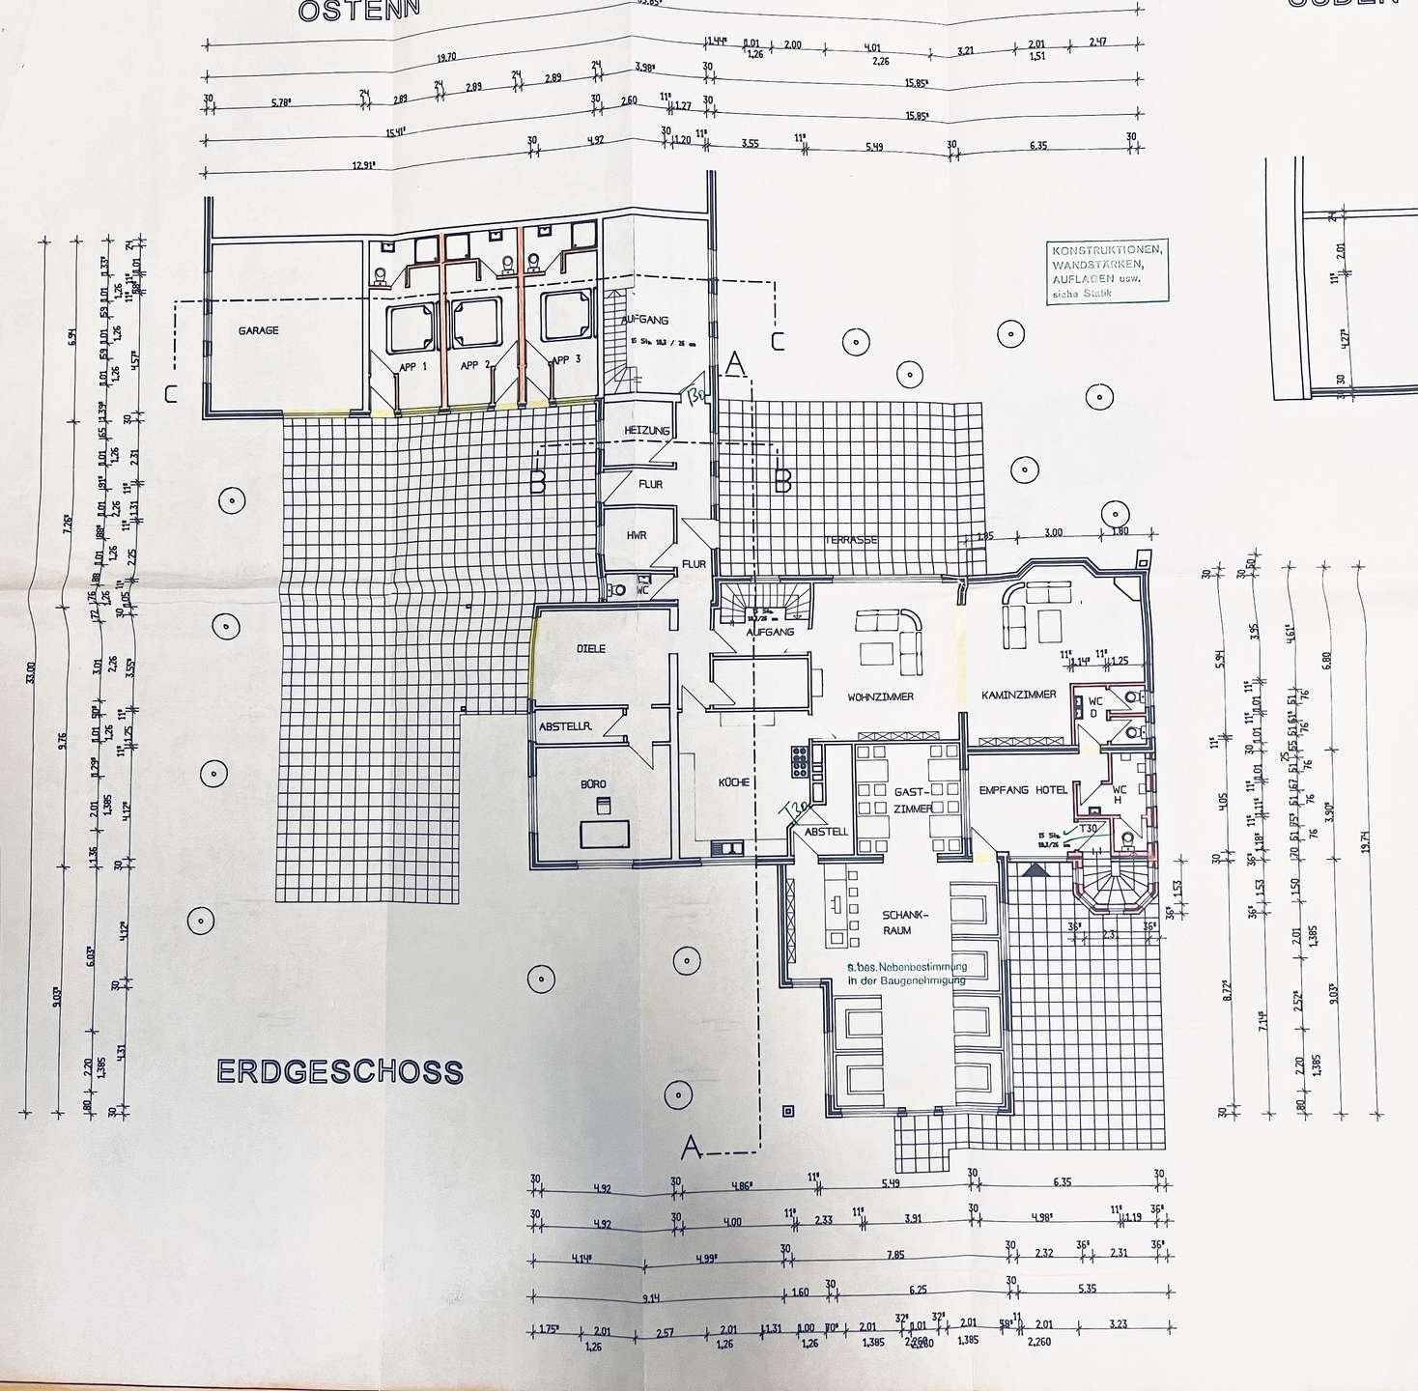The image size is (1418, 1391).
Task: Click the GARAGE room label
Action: [258, 330]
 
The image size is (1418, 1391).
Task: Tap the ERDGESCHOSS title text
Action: [340, 1072]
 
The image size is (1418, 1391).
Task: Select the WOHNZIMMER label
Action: [880, 696]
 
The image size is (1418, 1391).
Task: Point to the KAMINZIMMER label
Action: [1018, 695]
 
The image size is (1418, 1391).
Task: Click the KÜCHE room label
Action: [734, 782]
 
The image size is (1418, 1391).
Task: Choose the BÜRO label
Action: [593, 784]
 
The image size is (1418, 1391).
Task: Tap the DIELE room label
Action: [590, 648]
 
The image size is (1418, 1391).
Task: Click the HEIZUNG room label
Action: [647, 431]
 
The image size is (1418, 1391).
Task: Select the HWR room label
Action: [636, 535]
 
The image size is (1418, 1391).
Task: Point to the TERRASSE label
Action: [850, 540]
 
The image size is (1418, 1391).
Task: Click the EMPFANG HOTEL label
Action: [1023, 790]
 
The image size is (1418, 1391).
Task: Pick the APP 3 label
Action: [565, 360]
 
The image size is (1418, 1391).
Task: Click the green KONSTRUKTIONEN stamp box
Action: [1107, 271]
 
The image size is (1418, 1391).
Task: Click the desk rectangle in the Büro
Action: [604, 833]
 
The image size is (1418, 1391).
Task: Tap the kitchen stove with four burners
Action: [800, 761]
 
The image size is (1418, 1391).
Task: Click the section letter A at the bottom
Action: [690, 1148]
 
